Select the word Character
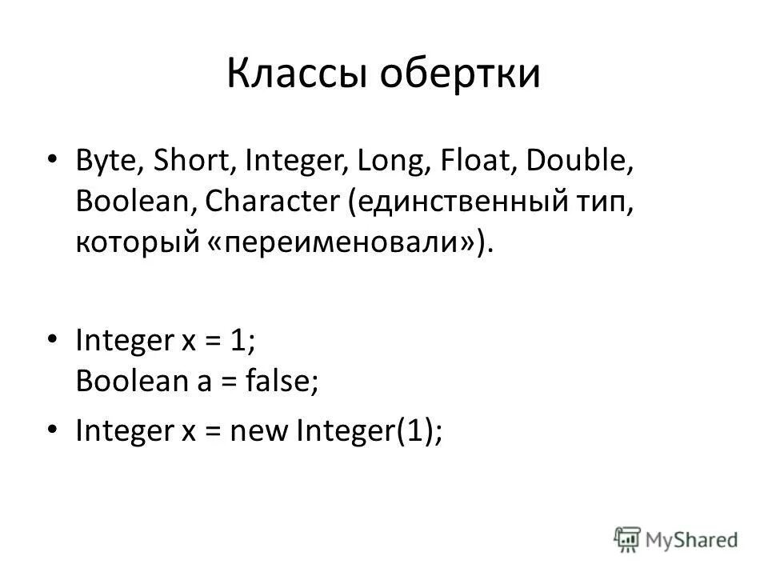pyautogui.click(x=272, y=200)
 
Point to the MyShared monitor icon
pyautogui.click(x=628, y=539)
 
